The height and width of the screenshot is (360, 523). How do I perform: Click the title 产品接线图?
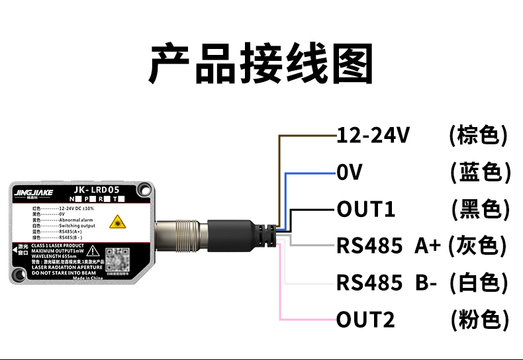(x=261, y=64)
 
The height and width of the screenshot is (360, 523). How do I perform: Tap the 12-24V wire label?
(x=374, y=136)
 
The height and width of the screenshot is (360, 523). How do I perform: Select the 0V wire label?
(x=350, y=173)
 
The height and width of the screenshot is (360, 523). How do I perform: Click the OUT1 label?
(x=366, y=210)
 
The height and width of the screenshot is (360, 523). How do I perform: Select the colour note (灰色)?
(x=477, y=246)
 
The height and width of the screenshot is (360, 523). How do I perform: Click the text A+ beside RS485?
(x=428, y=246)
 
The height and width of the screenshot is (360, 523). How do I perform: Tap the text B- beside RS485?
(x=426, y=283)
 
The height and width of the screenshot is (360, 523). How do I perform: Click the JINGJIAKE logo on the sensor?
(x=37, y=192)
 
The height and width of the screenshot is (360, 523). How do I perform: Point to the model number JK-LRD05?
(x=98, y=189)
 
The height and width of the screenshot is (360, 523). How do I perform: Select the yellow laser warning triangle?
(x=119, y=222)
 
